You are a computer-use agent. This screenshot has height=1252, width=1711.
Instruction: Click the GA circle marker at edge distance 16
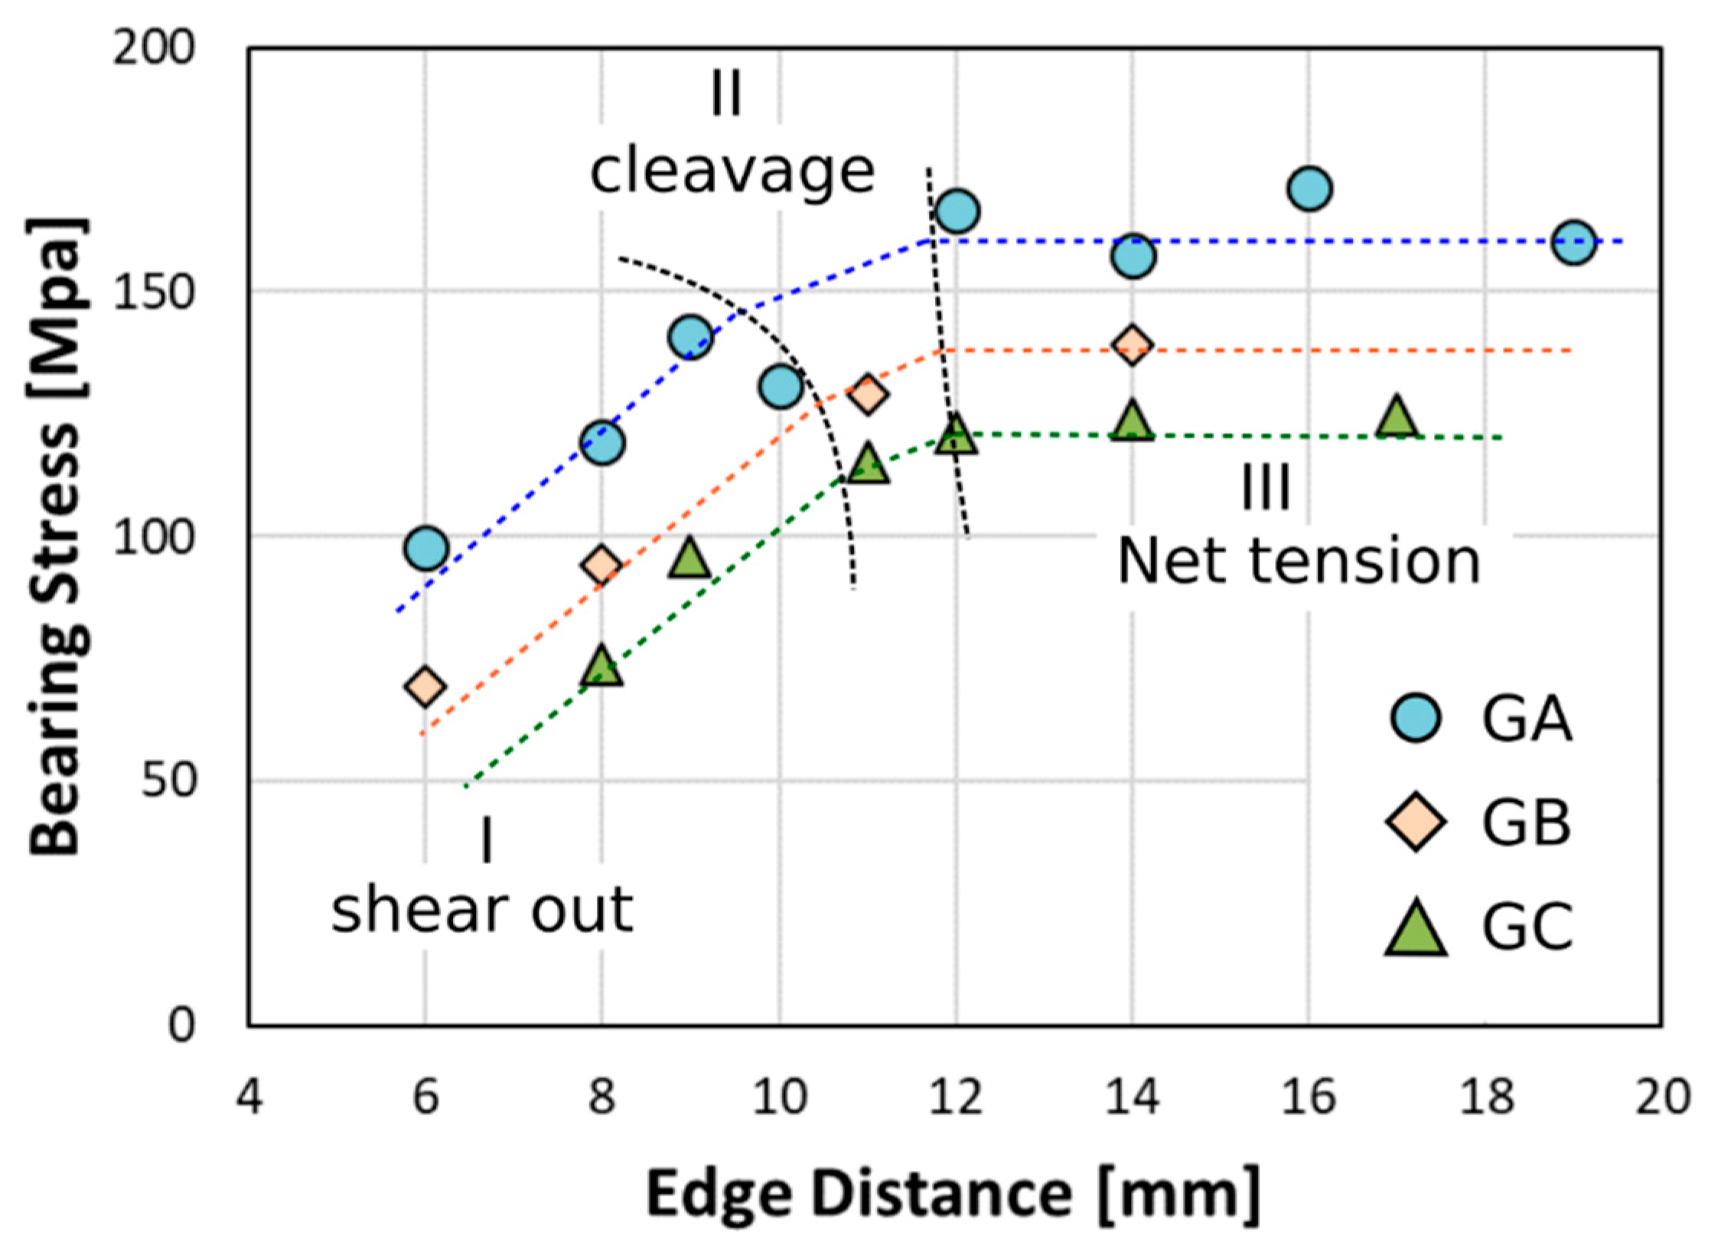point(1309,188)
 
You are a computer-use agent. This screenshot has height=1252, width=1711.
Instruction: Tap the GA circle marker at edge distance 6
point(426,548)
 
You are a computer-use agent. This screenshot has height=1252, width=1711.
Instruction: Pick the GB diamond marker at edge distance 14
point(1133,345)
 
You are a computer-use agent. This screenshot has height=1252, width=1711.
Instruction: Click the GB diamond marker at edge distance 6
point(425,686)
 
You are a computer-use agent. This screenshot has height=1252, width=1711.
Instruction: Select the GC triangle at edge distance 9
point(689,559)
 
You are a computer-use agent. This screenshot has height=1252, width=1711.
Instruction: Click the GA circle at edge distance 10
point(781,386)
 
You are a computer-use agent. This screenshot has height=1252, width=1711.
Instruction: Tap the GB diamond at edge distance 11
point(867,394)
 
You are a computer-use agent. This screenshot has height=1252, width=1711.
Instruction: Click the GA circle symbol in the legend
point(1416,719)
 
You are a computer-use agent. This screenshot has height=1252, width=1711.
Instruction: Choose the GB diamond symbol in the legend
point(1416,822)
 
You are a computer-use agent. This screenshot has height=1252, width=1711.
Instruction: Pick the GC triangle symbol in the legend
point(1416,928)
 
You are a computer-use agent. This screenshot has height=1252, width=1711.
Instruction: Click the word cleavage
point(732,172)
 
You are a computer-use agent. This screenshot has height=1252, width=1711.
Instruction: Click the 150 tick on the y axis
point(152,292)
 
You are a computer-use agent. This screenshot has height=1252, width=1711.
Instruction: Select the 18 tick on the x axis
point(1485,1097)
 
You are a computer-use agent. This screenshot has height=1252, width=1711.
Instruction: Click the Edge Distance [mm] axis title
point(953,1193)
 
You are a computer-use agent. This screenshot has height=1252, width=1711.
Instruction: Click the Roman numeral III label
point(1266,487)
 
